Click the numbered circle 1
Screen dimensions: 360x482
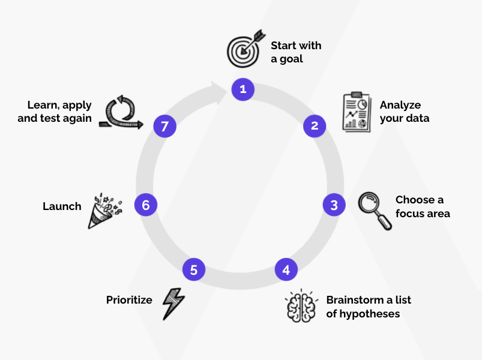click(x=243, y=89)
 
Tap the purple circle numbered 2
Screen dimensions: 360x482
click(x=314, y=126)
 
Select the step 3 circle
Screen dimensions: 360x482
click(x=334, y=205)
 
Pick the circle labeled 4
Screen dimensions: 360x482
click(x=286, y=270)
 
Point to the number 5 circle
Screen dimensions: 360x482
click(x=193, y=270)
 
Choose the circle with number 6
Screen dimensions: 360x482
click(x=145, y=205)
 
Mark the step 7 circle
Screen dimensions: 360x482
click(x=164, y=126)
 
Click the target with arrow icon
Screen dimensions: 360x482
click(x=245, y=48)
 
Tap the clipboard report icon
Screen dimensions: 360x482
click(x=356, y=112)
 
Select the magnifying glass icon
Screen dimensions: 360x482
click(x=375, y=210)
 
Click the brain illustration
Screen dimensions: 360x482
click(x=301, y=306)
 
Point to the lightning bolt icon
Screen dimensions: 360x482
click(x=173, y=303)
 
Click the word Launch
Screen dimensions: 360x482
click(x=62, y=206)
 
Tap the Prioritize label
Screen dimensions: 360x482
click(x=129, y=299)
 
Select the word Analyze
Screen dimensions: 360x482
click(x=400, y=105)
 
